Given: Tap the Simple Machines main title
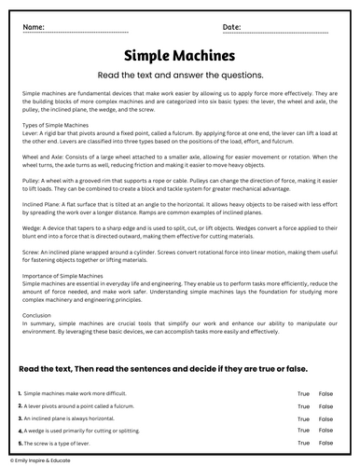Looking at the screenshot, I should (x=179, y=56).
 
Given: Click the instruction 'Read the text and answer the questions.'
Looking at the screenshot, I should (x=179, y=75).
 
